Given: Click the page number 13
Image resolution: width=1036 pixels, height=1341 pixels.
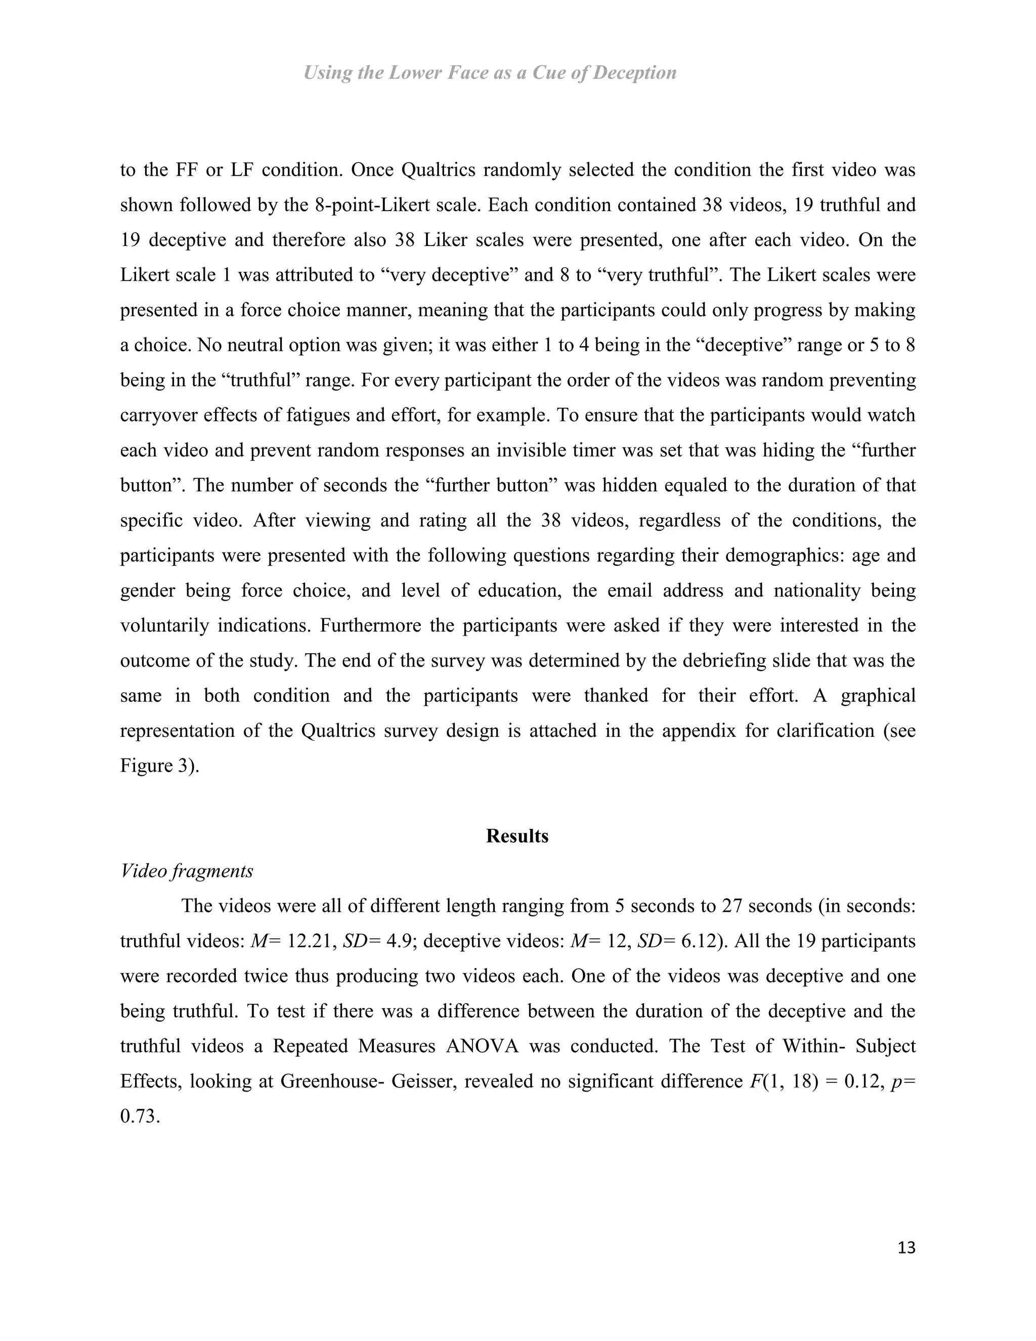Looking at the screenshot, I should tap(906, 1248).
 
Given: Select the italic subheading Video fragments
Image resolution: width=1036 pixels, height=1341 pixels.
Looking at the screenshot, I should tap(187, 871).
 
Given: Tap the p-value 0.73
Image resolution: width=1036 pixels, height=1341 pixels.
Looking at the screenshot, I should tap(140, 1116).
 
